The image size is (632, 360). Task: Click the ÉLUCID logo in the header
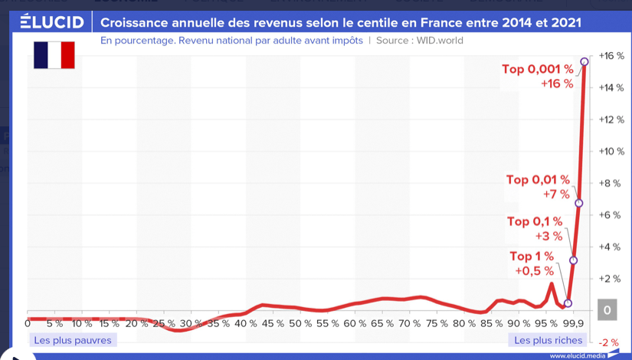point(52,21)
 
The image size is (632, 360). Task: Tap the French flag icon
point(54,55)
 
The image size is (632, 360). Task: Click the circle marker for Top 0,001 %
point(585,61)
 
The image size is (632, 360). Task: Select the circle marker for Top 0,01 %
point(579,203)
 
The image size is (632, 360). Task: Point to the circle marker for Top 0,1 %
point(574,260)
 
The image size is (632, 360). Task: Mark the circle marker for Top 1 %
point(568,303)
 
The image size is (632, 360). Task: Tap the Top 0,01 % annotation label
point(539,180)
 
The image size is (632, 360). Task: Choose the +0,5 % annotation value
point(534,271)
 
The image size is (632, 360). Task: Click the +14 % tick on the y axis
point(611,87)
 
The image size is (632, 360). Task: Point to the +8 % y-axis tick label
point(611,183)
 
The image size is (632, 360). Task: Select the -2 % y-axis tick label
point(608,342)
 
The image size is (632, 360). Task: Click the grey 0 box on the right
point(607,309)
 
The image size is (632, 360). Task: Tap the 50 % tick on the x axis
point(300,324)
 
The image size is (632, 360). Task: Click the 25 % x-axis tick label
point(164,324)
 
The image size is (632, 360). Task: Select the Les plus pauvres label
point(73,340)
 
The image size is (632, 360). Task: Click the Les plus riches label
point(548,340)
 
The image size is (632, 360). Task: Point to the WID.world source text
point(440,41)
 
